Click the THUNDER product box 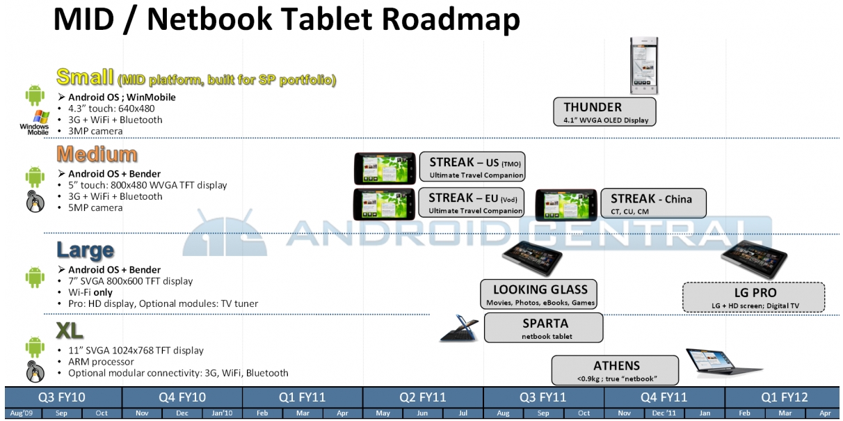click(604, 112)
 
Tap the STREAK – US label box click(472, 166)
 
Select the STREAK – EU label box click(472, 202)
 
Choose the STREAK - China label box click(653, 203)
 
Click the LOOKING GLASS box click(538, 294)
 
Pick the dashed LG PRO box click(754, 297)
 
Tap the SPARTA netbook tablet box click(544, 328)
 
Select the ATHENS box click(616, 370)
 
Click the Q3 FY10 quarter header click(63, 397)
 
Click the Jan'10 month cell click(222, 413)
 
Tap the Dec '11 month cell click(664, 413)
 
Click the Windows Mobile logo click(35, 122)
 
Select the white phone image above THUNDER click(644, 65)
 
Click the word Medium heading click(97, 154)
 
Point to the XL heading click(70, 331)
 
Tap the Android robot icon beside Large click(35, 277)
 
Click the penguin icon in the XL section click(35, 372)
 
